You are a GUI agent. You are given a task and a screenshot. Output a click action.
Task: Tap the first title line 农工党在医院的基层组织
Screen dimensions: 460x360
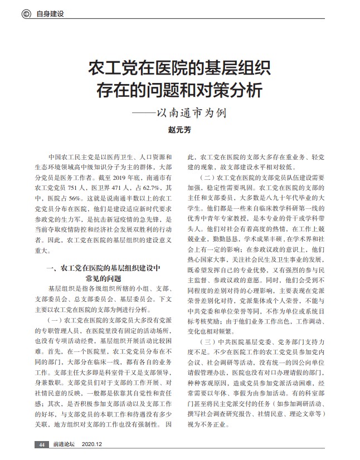[x=179, y=69]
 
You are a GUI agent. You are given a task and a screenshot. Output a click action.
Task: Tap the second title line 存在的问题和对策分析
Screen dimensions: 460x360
[x=179, y=90]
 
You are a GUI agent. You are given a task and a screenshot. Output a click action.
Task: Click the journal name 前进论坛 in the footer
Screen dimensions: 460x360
[x=64, y=444]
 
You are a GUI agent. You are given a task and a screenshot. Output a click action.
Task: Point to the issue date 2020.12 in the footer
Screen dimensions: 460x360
[x=93, y=444]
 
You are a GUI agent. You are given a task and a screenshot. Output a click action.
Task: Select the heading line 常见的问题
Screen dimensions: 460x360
[x=103, y=277]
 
